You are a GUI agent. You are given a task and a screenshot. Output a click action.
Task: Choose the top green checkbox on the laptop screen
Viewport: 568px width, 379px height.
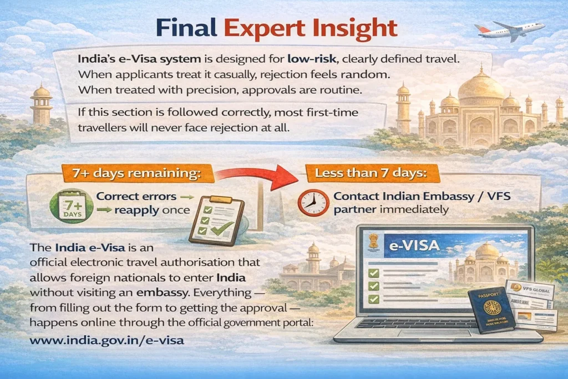373,272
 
